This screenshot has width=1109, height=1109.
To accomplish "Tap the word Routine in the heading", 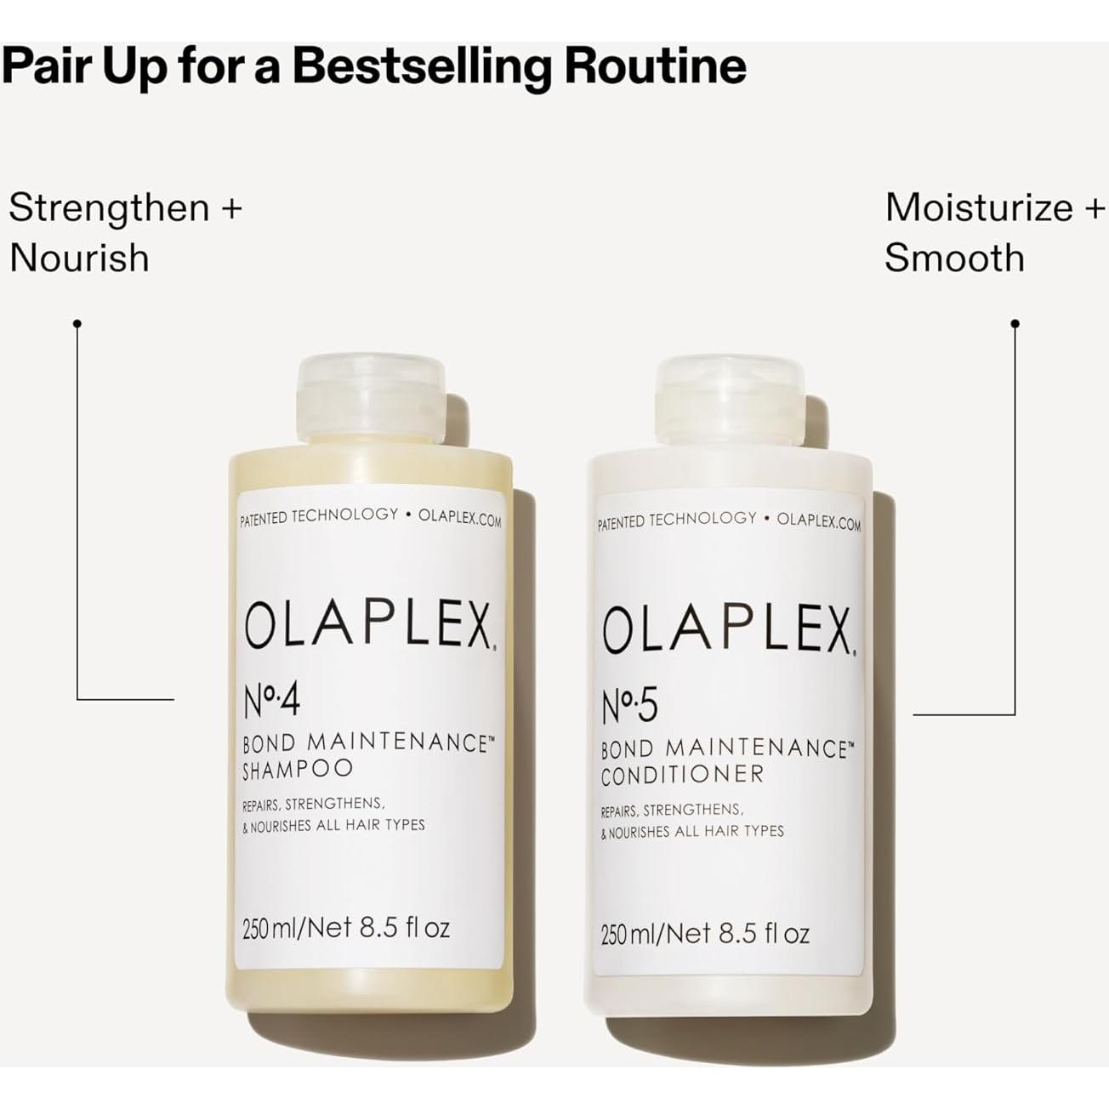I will tap(655, 65).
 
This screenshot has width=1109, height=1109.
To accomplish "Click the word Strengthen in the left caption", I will tap(109, 208).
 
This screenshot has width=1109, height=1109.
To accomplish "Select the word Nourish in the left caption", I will tap(79, 258).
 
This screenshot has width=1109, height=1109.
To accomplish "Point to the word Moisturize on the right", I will tap(979, 208).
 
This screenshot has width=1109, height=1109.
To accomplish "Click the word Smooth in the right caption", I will tap(954, 258).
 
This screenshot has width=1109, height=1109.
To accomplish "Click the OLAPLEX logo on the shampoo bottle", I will tap(368, 628).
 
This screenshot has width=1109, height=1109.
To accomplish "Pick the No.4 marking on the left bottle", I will tap(271, 702).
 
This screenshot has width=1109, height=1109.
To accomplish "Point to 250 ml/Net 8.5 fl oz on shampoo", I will tap(346, 927).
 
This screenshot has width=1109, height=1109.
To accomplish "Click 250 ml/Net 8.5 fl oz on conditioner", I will tap(705, 934).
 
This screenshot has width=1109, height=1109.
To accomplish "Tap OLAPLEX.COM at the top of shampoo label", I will tap(459, 517).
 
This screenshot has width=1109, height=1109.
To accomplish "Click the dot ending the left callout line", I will tap(77, 323).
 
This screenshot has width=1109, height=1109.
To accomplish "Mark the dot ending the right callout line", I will tap(1015, 323).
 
